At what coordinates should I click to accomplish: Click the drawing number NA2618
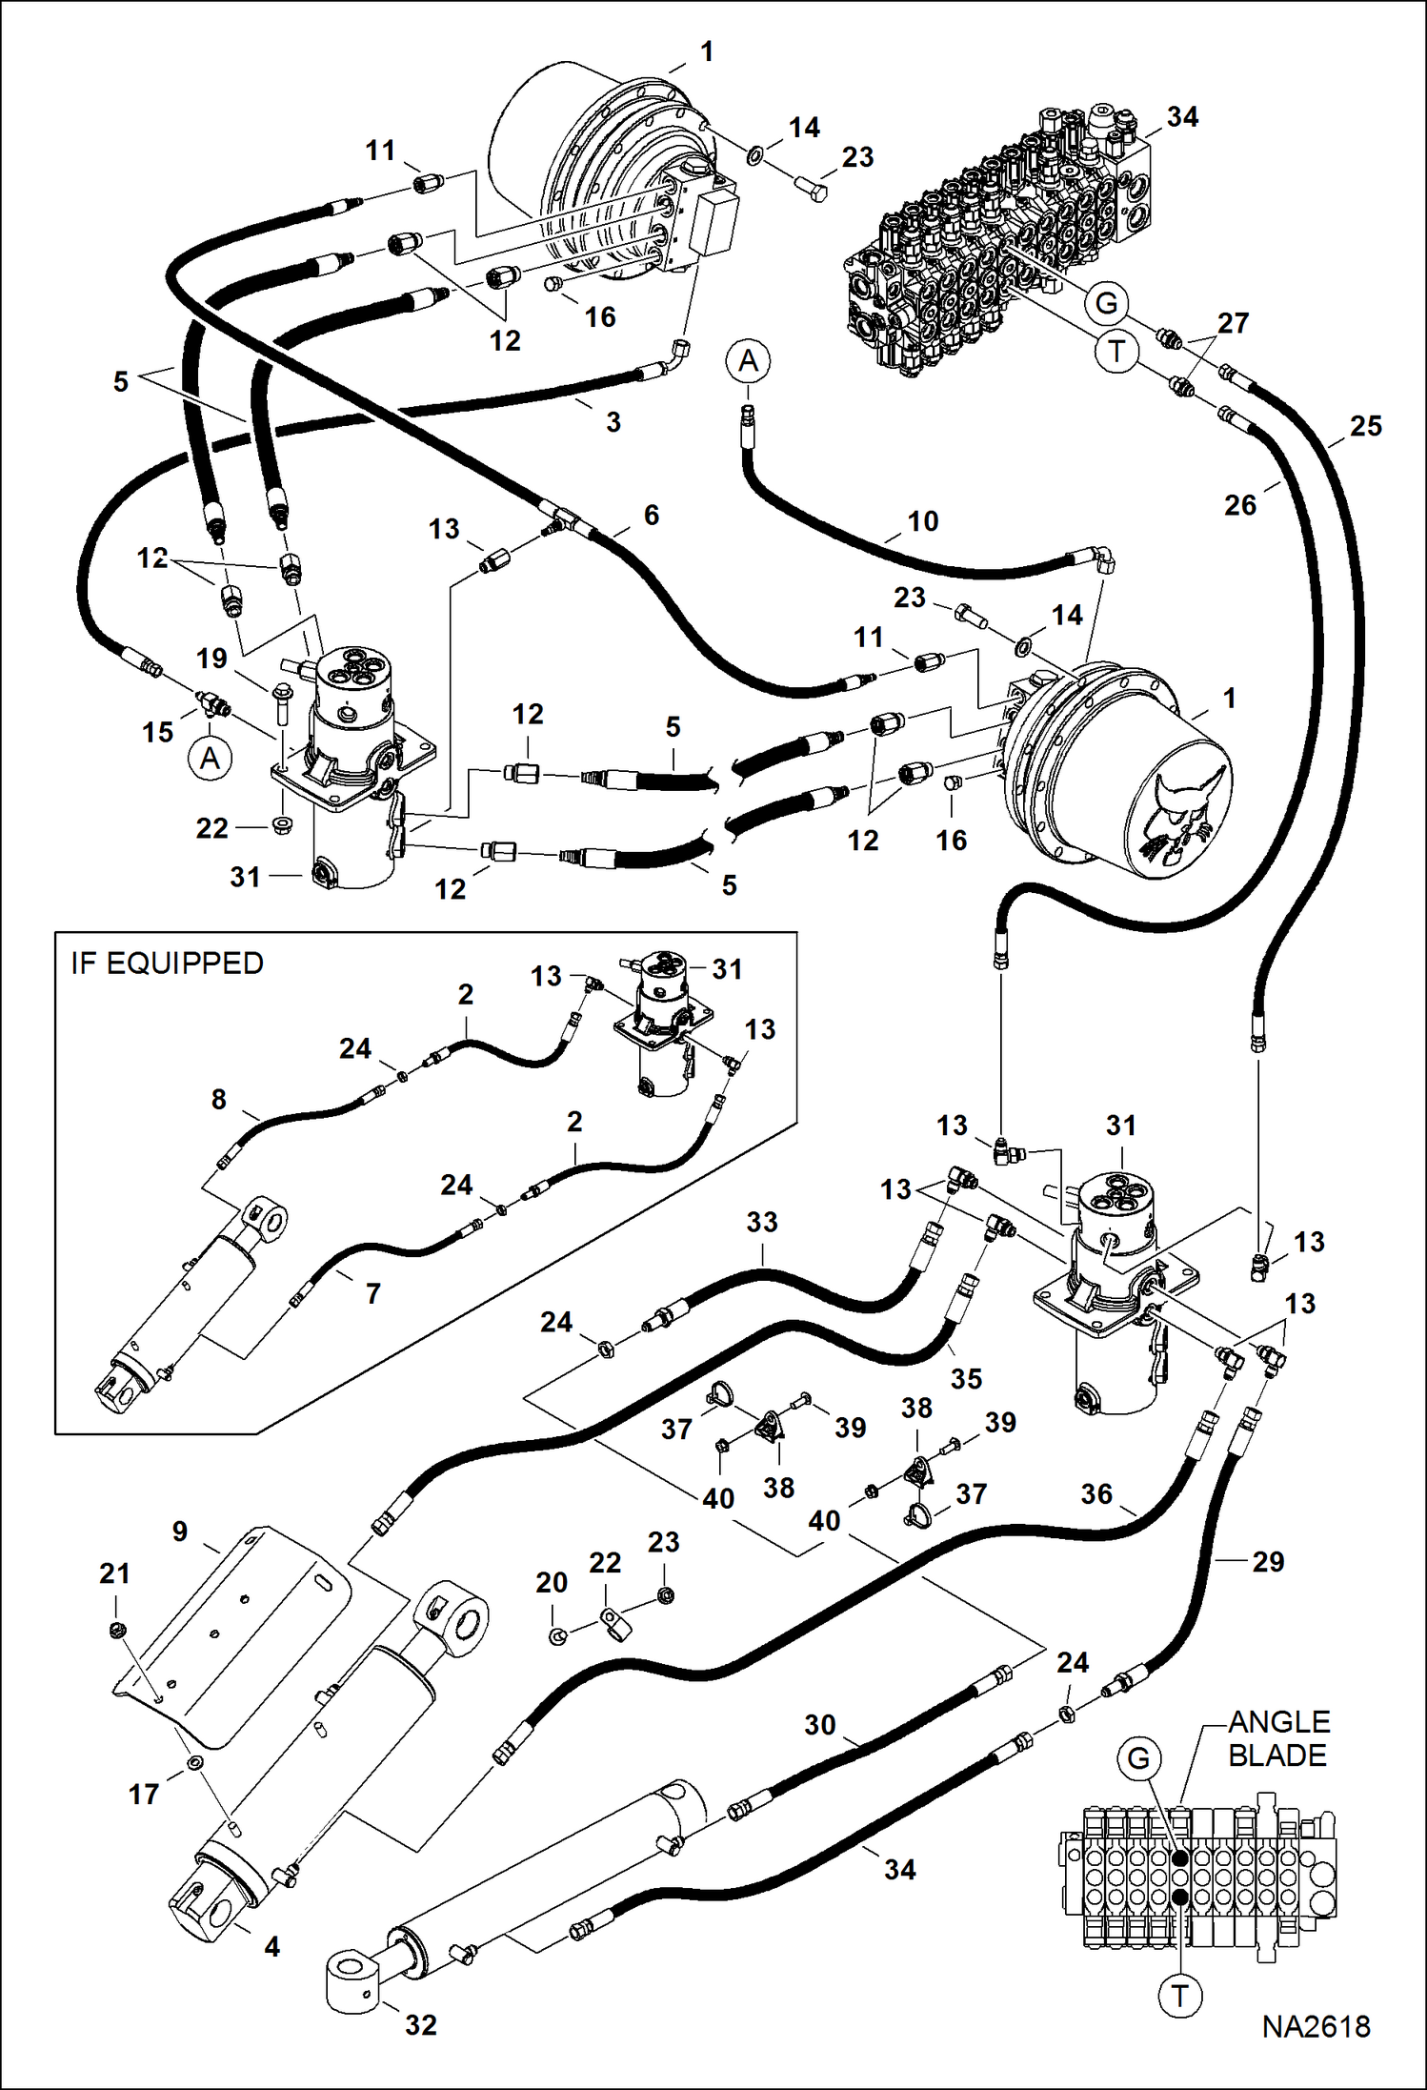[x=1316, y=2027]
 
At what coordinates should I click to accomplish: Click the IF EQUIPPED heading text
[x=167, y=964]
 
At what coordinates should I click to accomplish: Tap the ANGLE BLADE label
[x=1277, y=1738]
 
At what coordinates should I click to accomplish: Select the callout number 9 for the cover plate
[x=180, y=1532]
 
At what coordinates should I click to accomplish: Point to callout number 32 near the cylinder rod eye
[x=420, y=2025]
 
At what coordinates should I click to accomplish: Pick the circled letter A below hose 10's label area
[x=749, y=361]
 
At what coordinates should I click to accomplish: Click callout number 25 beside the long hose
[x=1365, y=426]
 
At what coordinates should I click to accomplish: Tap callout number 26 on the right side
[x=1239, y=505]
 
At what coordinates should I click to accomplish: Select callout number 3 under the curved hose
[x=613, y=422]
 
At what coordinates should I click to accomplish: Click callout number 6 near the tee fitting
[x=652, y=516]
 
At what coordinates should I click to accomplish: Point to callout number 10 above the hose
[x=922, y=521]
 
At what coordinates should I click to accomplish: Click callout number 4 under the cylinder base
[x=272, y=1946]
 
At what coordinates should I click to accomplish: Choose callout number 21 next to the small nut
[x=114, y=1573]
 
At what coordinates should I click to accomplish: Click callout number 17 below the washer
[x=144, y=1795]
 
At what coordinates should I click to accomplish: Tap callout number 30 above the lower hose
[x=819, y=1725]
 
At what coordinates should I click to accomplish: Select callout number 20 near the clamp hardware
[x=552, y=1582]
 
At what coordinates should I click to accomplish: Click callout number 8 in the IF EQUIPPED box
[x=219, y=1099]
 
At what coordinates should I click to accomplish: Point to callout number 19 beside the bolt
[x=211, y=659]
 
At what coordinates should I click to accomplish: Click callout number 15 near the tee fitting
[x=158, y=732]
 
